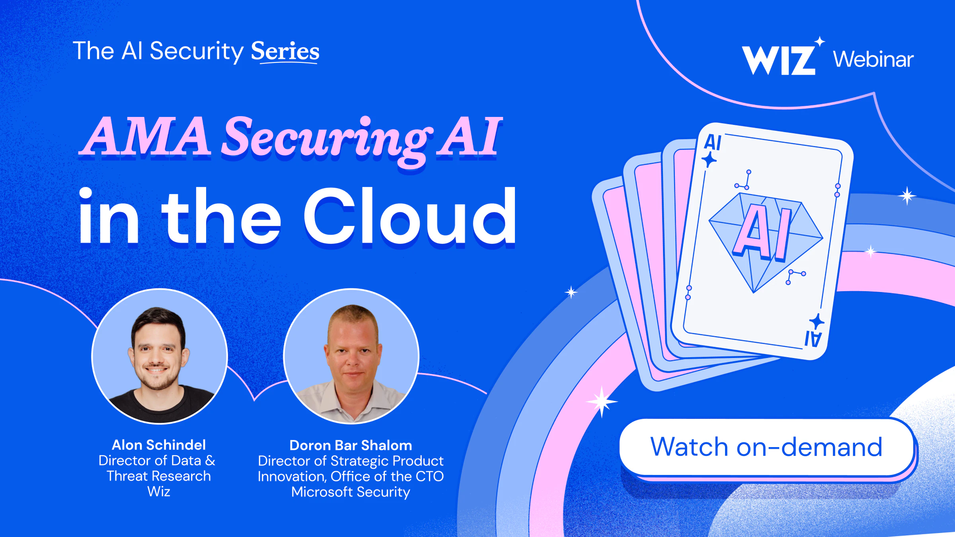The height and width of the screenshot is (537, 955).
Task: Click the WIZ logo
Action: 779,60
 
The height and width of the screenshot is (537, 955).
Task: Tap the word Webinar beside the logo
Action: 873,59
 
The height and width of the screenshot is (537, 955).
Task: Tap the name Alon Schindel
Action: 159,445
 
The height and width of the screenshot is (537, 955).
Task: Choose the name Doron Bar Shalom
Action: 351,445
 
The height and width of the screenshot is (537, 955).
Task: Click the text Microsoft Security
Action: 351,492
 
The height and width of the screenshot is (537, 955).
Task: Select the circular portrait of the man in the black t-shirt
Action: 159,356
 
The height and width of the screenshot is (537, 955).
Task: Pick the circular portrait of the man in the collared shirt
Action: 351,356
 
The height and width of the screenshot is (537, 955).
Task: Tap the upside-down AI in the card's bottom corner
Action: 813,339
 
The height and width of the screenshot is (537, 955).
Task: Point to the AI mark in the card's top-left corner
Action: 713,142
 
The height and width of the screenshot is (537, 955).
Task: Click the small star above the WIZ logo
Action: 820,41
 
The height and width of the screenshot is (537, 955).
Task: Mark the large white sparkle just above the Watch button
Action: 602,401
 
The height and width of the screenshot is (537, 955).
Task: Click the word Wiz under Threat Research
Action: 159,492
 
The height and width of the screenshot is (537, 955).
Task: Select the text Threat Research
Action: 159,476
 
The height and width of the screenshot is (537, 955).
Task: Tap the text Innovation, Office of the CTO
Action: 351,477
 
